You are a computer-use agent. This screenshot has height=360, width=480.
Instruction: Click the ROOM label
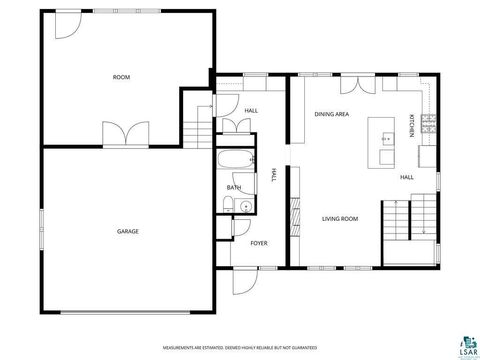point(121,77)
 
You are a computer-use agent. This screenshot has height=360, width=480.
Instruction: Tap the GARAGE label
point(127,231)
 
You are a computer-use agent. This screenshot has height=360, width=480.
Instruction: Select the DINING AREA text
point(331,115)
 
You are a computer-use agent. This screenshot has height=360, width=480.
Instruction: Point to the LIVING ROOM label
point(339,218)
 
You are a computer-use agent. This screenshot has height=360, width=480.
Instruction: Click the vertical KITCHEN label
point(411,127)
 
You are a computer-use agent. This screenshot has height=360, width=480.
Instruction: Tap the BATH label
point(234,188)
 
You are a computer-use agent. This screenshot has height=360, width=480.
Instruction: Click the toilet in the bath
point(227,207)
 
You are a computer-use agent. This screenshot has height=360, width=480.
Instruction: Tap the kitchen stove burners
point(429,124)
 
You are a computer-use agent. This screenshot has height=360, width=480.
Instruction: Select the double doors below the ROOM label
point(119,132)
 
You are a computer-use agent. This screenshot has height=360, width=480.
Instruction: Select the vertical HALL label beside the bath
point(272,175)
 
